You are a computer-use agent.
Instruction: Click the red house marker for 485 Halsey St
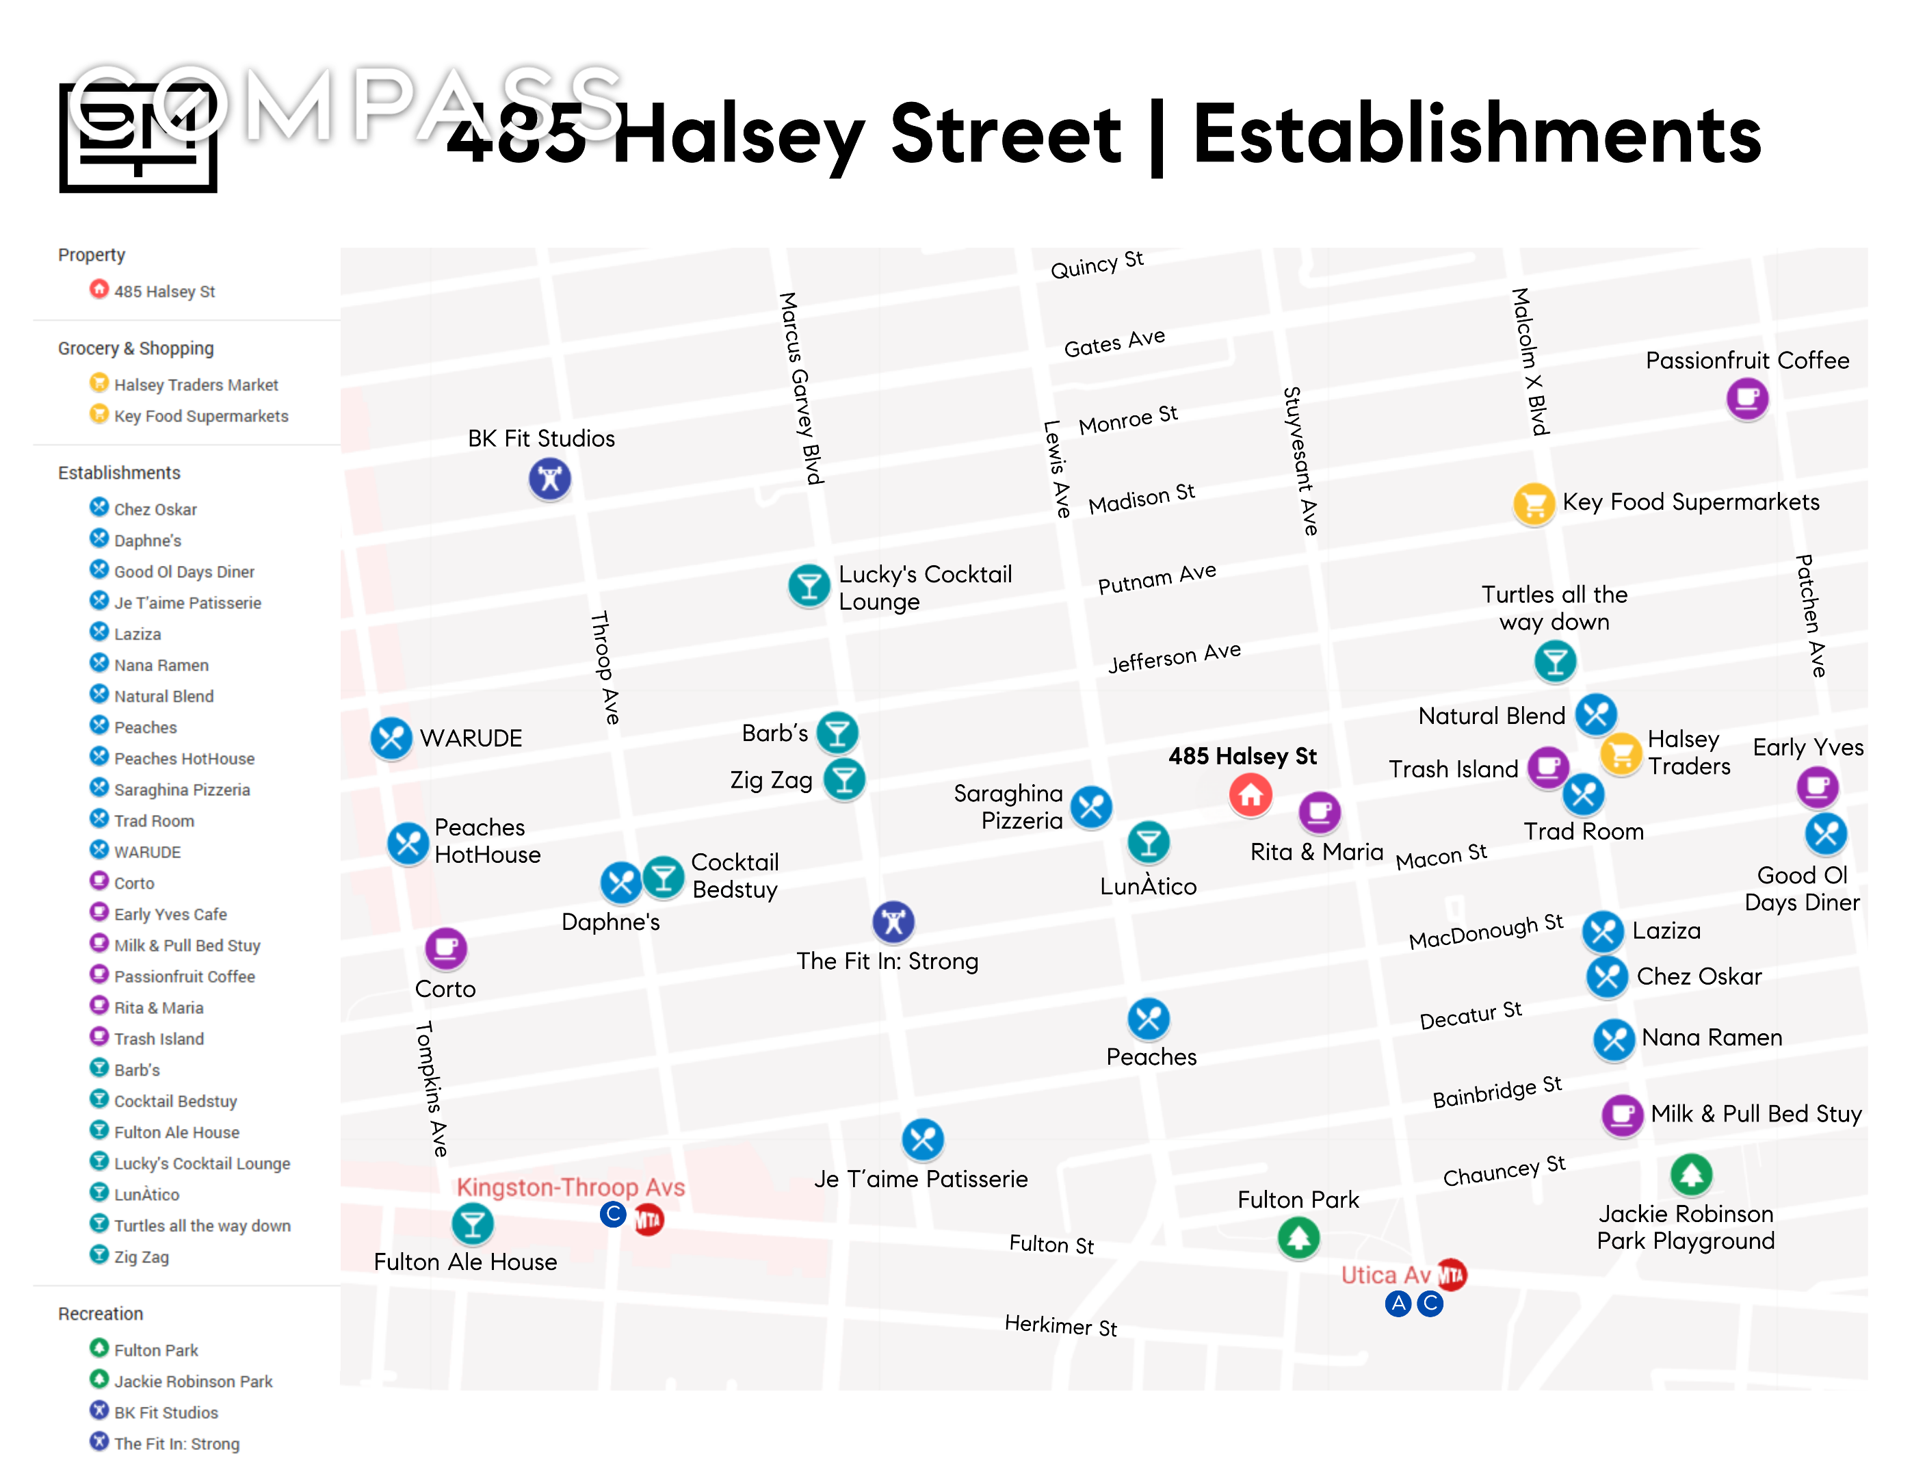pos(1250,795)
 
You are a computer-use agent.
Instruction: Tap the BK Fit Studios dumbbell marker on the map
pos(550,479)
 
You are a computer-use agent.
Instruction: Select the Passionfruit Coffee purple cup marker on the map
pos(1746,400)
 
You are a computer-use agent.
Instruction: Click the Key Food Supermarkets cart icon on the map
pos(1533,504)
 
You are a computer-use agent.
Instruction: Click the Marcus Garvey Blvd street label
pos(801,388)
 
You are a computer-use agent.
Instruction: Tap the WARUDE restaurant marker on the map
pos(391,738)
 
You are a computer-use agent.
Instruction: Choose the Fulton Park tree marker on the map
pos(1298,1238)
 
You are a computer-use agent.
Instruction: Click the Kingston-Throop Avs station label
pos(570,1187)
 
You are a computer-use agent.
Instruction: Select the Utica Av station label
pos(1385,1275)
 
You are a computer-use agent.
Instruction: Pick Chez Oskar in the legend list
pos(155,510)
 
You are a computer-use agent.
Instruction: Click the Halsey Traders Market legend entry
pos(195,385)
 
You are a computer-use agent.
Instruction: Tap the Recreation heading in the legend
pos(101,1313)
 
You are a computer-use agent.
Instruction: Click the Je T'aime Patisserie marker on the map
pos(923,1139)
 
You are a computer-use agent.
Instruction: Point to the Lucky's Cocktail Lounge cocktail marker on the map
pos(809,586)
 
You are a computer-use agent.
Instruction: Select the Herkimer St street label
pos(1060,1325)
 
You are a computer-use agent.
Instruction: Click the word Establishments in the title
pos(1477,135)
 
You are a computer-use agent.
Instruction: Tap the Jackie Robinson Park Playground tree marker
pos(1690,1175)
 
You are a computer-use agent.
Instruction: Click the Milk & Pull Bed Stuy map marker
pos(1621,1115)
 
